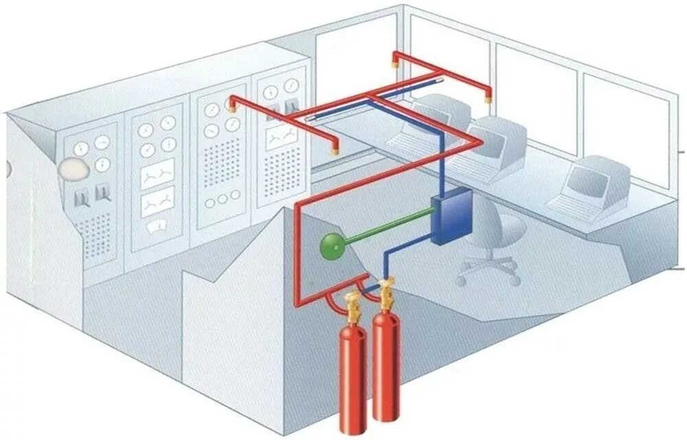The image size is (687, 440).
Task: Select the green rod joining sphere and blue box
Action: click(388, 228)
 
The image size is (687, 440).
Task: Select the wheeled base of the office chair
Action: click(488, 269)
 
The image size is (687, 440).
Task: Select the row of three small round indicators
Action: click(221, 202)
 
